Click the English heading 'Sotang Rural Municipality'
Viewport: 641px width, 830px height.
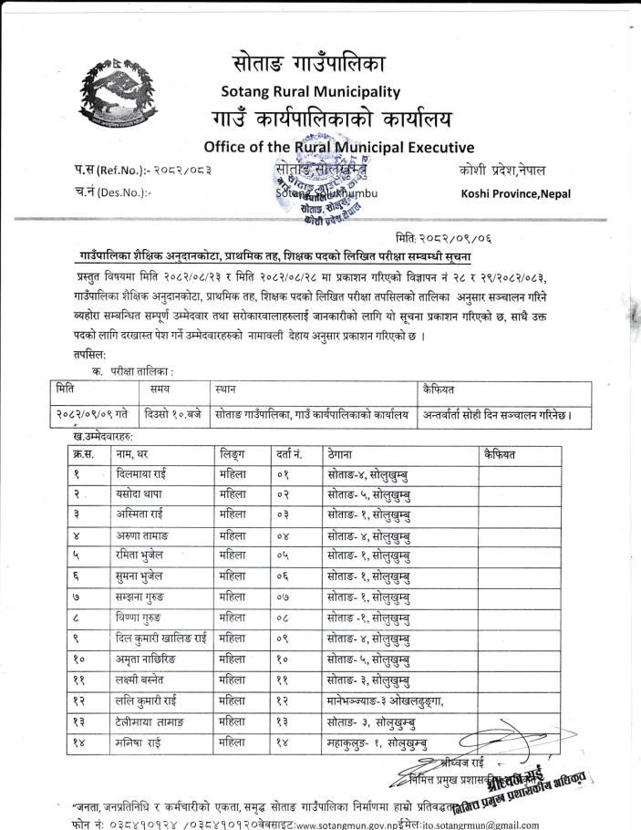point(311,91)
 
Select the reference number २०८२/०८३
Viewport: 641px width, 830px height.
point(178,171)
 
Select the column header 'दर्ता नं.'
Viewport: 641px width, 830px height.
point(288,454)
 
